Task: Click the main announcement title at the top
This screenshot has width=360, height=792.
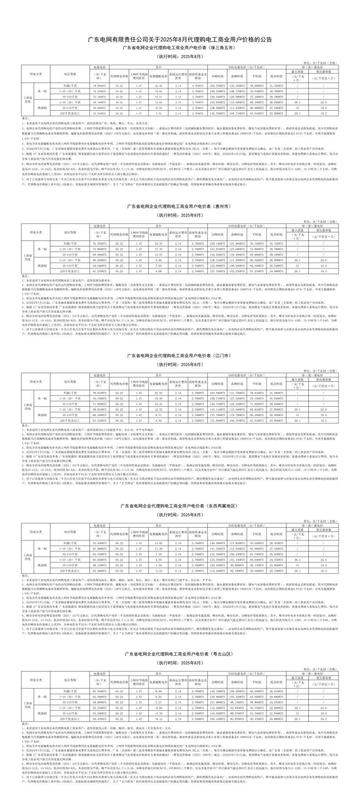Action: [180, 40]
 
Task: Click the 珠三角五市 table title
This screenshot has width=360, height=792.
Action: [180, 48]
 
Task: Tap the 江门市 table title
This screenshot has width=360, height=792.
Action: [180, 356]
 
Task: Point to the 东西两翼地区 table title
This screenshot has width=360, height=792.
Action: [180, 506]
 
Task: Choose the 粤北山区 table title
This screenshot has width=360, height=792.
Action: [180, 654]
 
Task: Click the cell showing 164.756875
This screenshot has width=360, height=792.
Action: [217, 85]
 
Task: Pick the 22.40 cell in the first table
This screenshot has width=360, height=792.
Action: [158, 85]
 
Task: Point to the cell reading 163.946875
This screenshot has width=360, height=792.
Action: [217, 392]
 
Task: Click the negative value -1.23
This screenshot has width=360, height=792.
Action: [158, 571]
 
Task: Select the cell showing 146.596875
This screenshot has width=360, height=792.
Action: [217, 543]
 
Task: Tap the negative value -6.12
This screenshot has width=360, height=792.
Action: [158, 719]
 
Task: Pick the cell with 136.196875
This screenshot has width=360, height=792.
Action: [217, 691]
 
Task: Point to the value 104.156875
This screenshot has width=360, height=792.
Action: [217, 719]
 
